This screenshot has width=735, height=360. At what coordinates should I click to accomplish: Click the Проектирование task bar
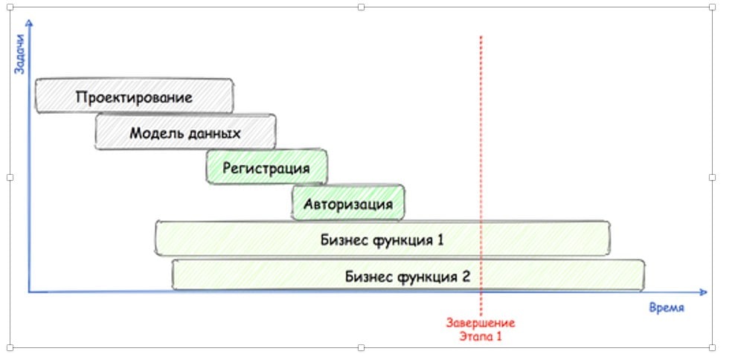tap(134, 97)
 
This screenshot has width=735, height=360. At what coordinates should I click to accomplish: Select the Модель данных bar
tap(185, 133)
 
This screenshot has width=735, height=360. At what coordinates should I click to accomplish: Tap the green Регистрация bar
tap(266, 167)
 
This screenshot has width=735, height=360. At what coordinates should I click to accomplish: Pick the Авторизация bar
tap(348, 202)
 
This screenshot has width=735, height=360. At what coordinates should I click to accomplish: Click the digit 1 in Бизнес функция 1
tap(440, 240)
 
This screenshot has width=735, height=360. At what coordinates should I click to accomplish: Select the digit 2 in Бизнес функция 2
tap(466, 277)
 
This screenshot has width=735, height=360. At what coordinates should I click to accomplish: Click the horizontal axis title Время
tap(666, 308)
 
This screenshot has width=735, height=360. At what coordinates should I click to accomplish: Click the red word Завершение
tap(481, 323)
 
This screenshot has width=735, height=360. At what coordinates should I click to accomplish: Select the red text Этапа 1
tap(481, 335)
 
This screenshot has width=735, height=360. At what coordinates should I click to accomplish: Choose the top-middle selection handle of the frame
tap(362, 7)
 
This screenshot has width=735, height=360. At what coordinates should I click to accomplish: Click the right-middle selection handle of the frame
tap(712, 178)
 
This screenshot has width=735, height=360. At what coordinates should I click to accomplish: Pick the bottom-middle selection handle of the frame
tap(362, 348)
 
